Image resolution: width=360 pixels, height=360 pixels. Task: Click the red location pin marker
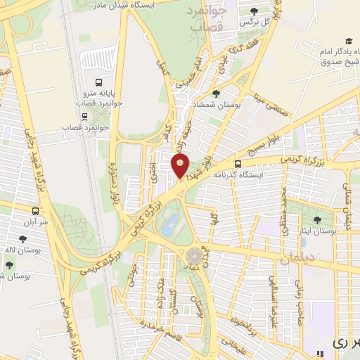181,167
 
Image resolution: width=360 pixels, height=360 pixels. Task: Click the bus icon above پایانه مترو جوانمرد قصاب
98,79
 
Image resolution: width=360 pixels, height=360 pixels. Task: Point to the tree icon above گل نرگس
254,11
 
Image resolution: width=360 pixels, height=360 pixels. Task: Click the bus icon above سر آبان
35,210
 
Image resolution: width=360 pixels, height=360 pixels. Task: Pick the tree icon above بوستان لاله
8,265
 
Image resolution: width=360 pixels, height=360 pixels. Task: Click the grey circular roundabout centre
193,257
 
